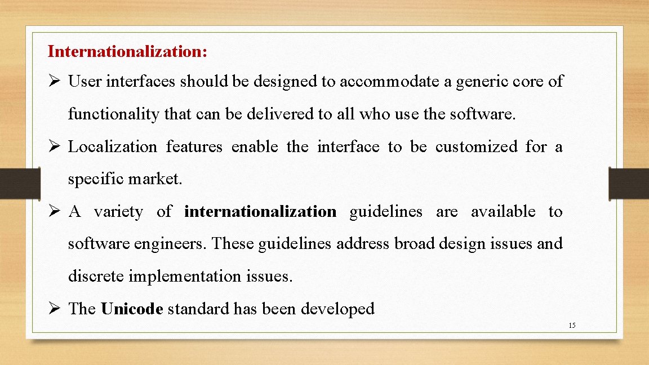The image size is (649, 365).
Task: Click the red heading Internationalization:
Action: click(x=128, y=52)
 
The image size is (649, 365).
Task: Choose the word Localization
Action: click(x=113, y=147)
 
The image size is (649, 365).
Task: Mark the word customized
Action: click(x=477, y=147)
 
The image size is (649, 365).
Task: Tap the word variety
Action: click(x=118, y=212)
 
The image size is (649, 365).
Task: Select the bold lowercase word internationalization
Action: click(x=260, y=212)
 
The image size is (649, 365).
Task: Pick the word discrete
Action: click(x=96, y=277)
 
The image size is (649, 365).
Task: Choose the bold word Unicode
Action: click(x=132, y=309)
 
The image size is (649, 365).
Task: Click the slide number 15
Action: click(x=572, y=326)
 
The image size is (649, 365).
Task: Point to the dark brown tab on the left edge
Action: click(x=19, y=183)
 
